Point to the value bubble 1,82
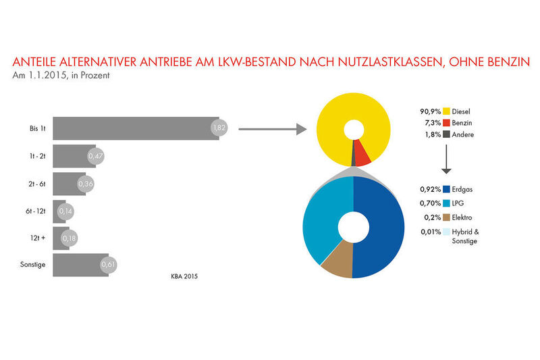click(219, 127)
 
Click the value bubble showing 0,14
click(65, 211)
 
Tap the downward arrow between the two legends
click(446, 162)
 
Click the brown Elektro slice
click(337, 264)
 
